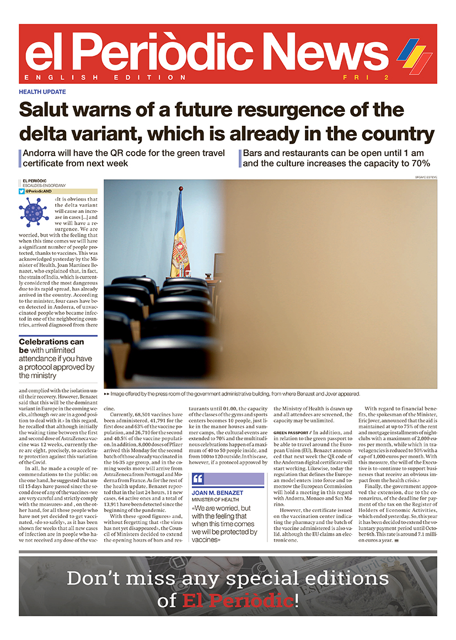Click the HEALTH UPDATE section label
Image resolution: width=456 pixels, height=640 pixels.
point(42,92)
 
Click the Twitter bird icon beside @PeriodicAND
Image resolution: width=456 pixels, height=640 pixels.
point(22,191)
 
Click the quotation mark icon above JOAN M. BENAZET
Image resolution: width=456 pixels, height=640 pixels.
point(199,478)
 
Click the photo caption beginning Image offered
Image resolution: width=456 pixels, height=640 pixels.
point(232,394)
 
